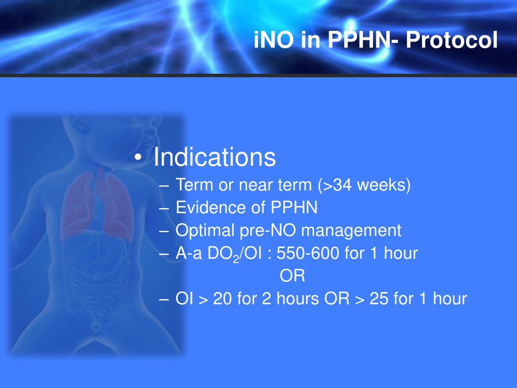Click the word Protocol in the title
pyautogui.click(x=451, y=40)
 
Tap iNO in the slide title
pyautogui.click(x=274, y=40)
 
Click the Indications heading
pyautogui.click(x=215, y=157)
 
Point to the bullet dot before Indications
pyautogui.click(x=138, y=158)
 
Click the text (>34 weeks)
pyautogui.click(x=365, y=185)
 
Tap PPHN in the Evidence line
pyautogui.click(x=294, y=208)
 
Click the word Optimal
pyautogui.click(x=205, y=230)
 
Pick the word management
pyautogui.click(x=351, y=230)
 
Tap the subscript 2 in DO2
pyautogui.click(x=236, y=259)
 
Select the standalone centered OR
pyautogui.click(x=292, y=276)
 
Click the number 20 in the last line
pyautogui.click(x=223, y=299)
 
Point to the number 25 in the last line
pyautogui.click(x=379, y=299)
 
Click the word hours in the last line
pyautogui.click(x=298, y=299)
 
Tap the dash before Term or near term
pyautogui.click(x=164, y=186)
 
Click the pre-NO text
pyautogui.click(x=268, y=230)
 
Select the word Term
pyautogui.click(x=194, y=185)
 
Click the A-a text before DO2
pyautogui.click(x=189, y=254)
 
